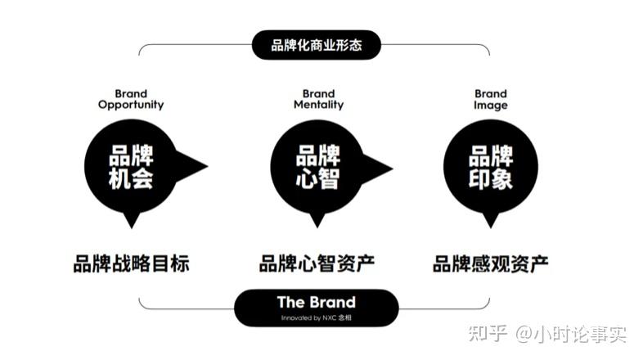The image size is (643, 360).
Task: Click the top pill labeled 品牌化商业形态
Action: (x=316, y=45)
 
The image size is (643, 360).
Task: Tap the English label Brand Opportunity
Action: (x=131, y=100)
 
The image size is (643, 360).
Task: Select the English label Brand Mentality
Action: (x=318, y=100)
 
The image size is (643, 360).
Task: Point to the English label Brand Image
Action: (x=491, y=100)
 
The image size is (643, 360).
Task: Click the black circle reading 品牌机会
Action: (x=131, y=166)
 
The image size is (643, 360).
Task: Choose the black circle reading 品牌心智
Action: (x=317, y=167)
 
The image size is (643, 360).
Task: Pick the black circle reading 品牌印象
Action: (x=491, y=166)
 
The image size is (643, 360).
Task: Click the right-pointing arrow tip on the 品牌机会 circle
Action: (x=208, y=166)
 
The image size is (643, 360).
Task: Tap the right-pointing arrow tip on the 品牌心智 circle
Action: (x=393, y=168)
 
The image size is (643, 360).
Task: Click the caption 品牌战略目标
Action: (x=131, y=263)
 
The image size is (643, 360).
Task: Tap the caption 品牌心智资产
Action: (x=317, y=263)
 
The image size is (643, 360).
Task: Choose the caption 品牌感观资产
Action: (x=491, y=263)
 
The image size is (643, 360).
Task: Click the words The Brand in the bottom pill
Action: (x=316, y=302)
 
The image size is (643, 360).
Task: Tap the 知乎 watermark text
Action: (x=488, y=334)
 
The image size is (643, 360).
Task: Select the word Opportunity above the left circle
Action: (x=131, y=105)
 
